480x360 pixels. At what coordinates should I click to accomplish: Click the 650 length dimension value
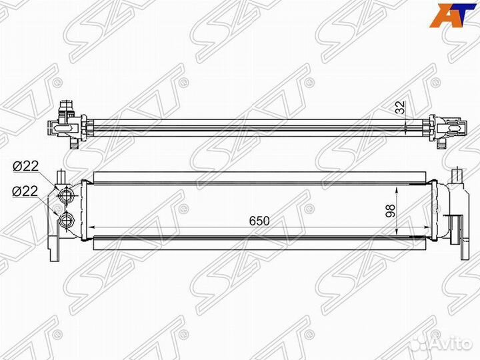point(259,221)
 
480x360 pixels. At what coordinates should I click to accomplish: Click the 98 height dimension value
point(390,211)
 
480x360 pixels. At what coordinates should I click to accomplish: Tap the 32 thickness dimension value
point(399,107)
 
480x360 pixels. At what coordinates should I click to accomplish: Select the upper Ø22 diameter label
point(25,167)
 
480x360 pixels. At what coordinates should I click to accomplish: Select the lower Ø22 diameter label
point(25,191)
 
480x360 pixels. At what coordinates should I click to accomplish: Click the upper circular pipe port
point(66,195)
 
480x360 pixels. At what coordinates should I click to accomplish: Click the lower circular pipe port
point(66,220)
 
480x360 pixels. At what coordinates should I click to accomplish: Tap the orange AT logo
point(449,15)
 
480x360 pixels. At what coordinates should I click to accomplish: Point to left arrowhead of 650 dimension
point(91,227)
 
